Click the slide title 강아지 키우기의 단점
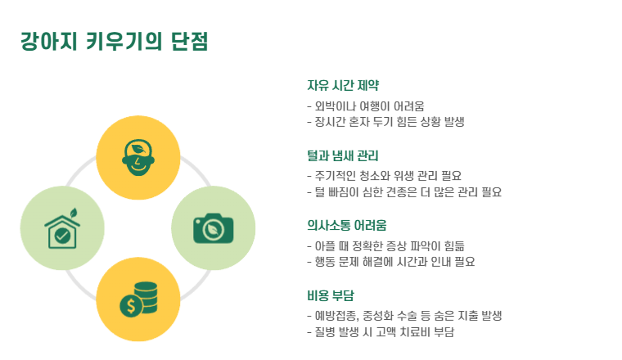coord(114,41)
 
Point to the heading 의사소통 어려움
coord(346,224)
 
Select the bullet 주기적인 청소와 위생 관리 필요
coord(384,175)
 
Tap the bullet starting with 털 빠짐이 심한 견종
coord(403,191)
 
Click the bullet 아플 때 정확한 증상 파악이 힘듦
coord(390,245)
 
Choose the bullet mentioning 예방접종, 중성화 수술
coord(403,315)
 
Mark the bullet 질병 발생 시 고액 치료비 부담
coord(381,331)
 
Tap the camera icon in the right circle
coord(213,228)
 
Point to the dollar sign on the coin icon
coord(129,307)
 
